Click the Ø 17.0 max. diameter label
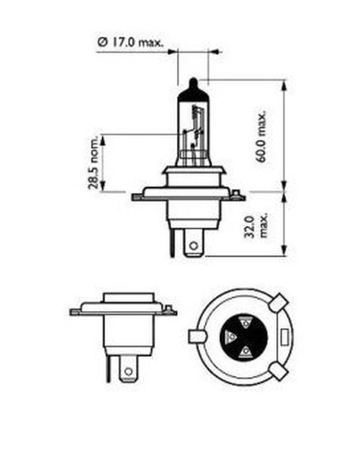pyautogui.click(x=130, y=43)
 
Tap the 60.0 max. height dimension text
pyautogui.click(x=262, y=136)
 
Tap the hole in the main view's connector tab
pyautogui.click(x=194, y=243)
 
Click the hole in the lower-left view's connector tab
pyautogui.click(x=127, y=372)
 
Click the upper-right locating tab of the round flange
pyautogui.click(x=280, y=302)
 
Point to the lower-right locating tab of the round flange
pyautogui.click(x=278, y=373)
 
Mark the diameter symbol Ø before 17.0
pyautogui.click(x=101, y=43)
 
